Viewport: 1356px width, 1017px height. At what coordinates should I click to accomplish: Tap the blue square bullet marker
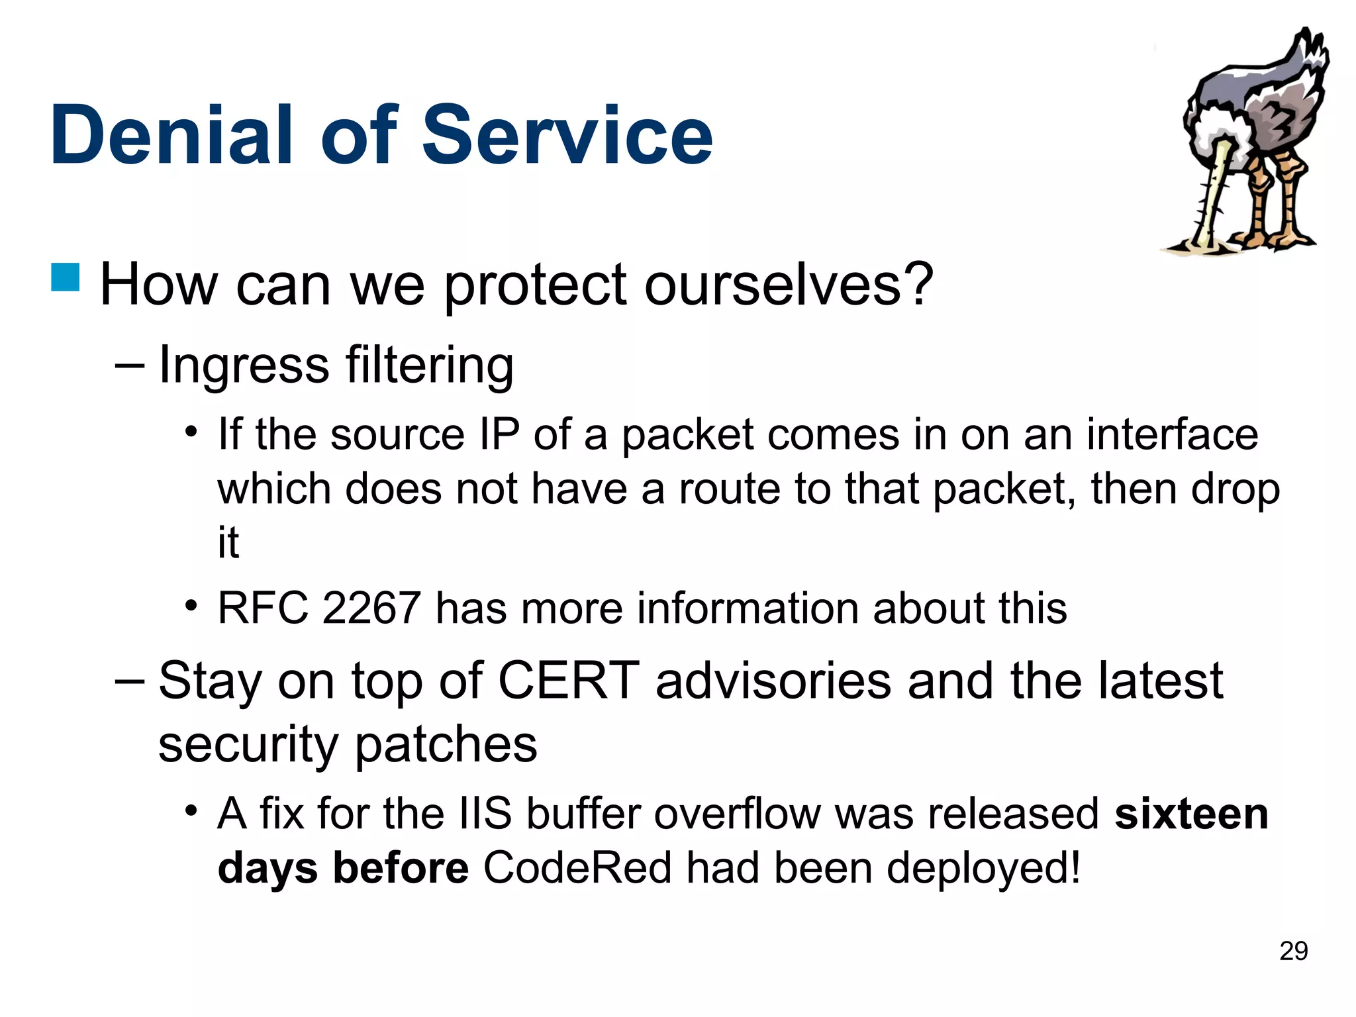65,277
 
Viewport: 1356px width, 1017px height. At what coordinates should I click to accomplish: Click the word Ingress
244,365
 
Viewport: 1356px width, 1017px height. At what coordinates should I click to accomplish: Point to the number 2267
371,608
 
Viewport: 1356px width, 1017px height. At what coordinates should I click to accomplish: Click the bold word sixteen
1191,814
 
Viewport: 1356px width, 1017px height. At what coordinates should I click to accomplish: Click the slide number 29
1293,951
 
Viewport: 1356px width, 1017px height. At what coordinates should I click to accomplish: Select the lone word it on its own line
228,542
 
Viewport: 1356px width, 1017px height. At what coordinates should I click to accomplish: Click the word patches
446,744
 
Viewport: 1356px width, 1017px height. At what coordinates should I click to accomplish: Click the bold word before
401,867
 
